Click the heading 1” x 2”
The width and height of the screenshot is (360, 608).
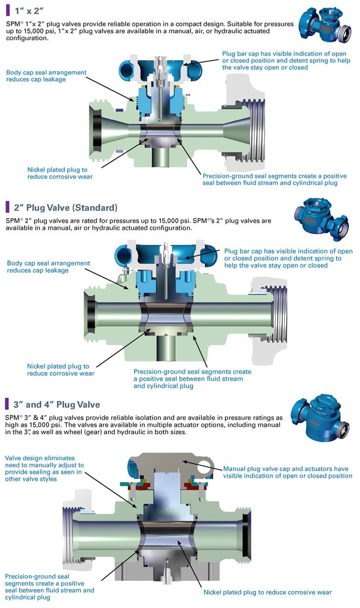[29, 9]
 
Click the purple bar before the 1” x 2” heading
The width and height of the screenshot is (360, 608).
[7, 9]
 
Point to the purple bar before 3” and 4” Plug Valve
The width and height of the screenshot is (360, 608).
[7, 405]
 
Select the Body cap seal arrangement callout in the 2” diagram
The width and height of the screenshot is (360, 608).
[48, 267]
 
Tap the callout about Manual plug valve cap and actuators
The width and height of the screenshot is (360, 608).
[287, 472]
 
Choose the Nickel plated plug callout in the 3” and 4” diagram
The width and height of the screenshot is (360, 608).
[267, 592]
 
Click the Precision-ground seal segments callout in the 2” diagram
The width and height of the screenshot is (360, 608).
[192, 379]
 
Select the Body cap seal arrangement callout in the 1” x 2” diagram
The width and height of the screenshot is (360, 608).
[46, 76]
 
